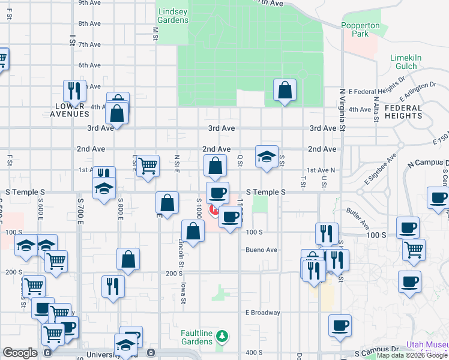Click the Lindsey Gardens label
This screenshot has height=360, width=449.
click(x=173, y=16)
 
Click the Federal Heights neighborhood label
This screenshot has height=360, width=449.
click(x=403, y=112)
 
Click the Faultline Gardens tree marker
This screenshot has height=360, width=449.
click(x=223, y=335)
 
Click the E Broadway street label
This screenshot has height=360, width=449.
click(x=262, y=313)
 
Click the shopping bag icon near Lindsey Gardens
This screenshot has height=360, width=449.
click(x=285, y=91)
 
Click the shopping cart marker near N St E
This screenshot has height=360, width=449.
click(x=148, y=166)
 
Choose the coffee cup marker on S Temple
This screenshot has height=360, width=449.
click(x=217, y=193)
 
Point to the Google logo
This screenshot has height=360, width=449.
click(x=20, y=353)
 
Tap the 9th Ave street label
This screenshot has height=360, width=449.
click(x=89, y=3)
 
